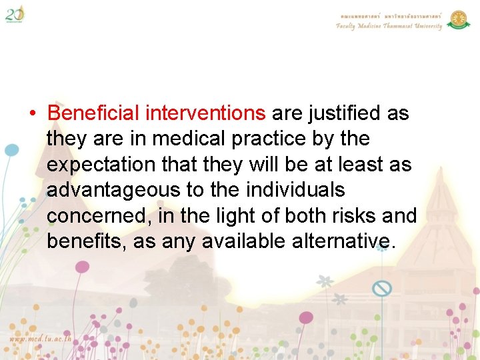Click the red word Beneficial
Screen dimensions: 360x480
coord(93,113)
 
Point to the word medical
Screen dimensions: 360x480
coord(179,139)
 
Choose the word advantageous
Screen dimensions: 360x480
coord(113,191)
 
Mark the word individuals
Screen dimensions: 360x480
coord(295,190)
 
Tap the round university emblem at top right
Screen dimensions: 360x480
coord(459,19)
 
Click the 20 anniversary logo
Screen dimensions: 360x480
coord(15,13)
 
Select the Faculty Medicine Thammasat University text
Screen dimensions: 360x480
coord(389,26)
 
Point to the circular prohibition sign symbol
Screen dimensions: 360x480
coord(382,289)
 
